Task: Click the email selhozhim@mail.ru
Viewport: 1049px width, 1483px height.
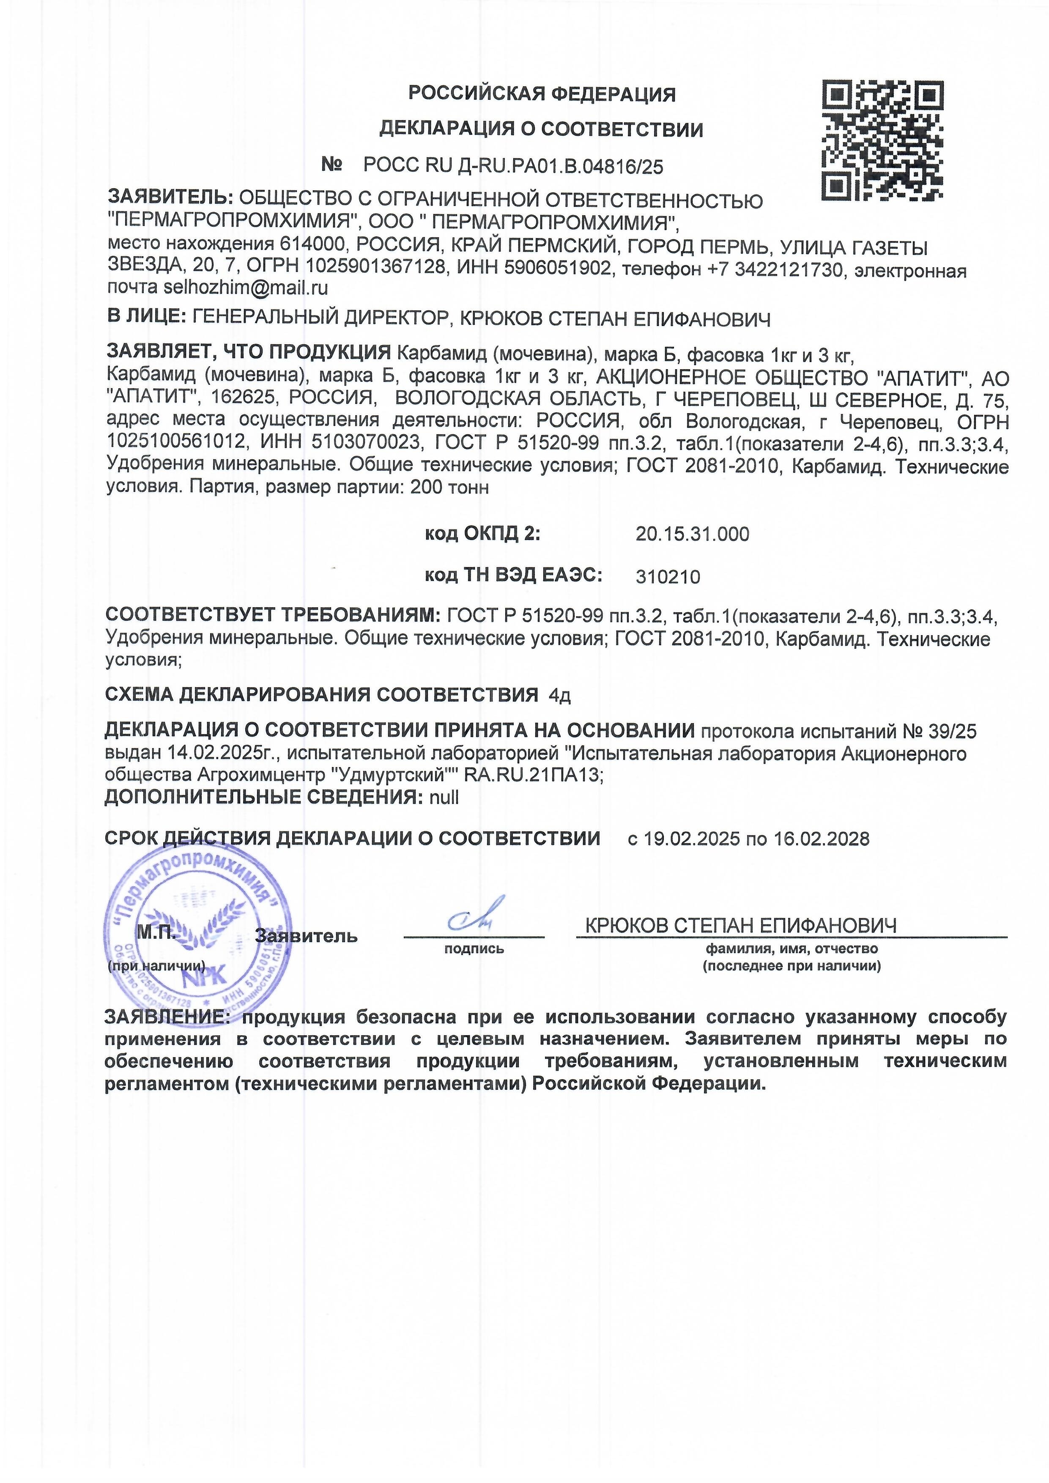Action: [246, 288]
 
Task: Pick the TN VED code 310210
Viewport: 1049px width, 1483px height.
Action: [668, 576]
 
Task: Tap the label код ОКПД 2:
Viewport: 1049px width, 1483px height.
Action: [482, 534]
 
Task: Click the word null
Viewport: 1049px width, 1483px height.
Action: [444, 797]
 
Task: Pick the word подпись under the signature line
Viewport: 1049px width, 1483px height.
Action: [474, 949]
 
